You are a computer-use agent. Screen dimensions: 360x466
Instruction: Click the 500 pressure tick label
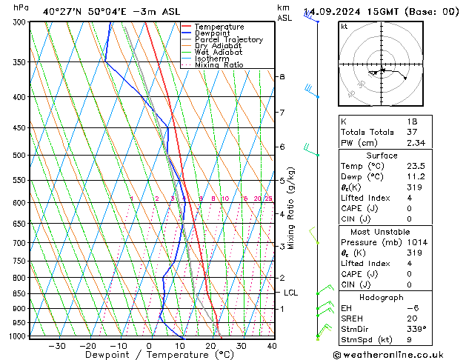click(x=20, y=156)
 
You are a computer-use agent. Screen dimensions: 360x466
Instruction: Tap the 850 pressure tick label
click(x=20, y=294)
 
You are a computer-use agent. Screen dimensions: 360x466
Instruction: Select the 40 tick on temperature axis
click(x=272, y=346)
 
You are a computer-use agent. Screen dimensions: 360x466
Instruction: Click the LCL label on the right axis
click(x=290, y=293)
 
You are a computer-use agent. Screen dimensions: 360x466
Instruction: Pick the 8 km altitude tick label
click(x=282, y=77)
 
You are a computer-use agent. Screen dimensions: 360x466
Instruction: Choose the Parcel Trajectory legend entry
click(x=228, y=40)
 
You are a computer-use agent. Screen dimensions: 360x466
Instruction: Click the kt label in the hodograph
click(x=344, y=27)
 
